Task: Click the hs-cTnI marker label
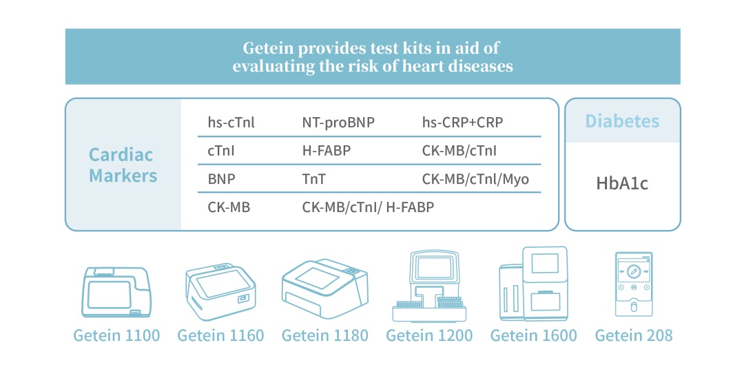point(231,123)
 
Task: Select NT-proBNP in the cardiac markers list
point(338,123)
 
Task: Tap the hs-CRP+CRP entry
point(463,123)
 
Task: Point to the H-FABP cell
point(327,151)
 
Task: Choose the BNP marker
point(222,179)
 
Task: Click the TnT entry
point(314,179)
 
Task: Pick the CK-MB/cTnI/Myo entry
point(475,179)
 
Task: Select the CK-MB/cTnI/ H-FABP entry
point(368,207)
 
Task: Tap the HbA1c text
point(622,183)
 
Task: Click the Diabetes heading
point(622,121)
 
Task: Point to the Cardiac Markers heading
point(123,165)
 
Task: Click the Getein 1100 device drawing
point(116,292)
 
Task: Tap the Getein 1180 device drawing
point(325,289)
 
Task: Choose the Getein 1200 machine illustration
point(429,286)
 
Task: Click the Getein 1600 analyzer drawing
point(533,284)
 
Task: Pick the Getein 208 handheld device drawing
point(634,284)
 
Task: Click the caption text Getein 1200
point(429,335)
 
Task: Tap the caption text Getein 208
point(634,335)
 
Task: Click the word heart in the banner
point(423,66)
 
